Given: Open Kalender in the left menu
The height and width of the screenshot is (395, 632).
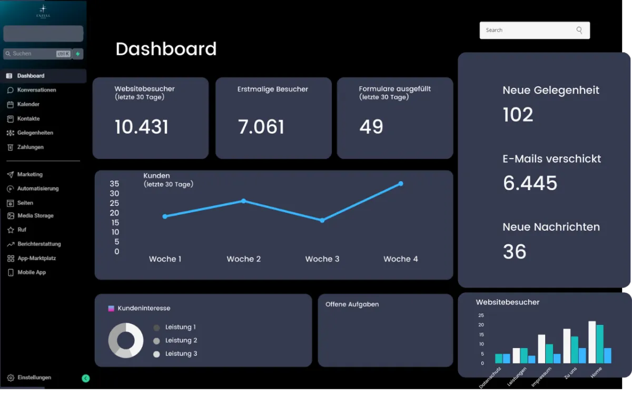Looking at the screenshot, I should (x=28, y=104).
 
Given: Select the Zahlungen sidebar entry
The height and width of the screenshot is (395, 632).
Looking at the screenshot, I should (x=30, y=147).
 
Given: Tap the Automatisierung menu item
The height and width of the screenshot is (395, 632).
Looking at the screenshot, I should (x=37, y=189).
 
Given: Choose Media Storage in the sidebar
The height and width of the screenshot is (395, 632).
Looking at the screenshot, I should (x=35, y=215).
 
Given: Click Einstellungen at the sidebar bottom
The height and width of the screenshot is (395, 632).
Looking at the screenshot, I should (x=34, y=378).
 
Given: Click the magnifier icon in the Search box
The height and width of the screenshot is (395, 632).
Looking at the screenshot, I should (x=579, y=31).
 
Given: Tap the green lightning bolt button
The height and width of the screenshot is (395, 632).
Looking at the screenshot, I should (x=78, y=54).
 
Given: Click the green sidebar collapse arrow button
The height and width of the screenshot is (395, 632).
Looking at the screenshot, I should (x=86, y=378).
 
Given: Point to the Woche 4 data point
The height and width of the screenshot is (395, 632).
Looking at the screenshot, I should (x=401, y=184).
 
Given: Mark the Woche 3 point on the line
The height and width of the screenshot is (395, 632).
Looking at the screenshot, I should (x=322, y=220).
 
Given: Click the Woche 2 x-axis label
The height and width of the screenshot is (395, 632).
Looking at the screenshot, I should (x=244, y=259).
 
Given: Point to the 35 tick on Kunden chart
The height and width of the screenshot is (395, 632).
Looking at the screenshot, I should (x=114, y=184).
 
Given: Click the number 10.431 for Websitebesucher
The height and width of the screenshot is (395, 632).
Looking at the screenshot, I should (x=142, y=127).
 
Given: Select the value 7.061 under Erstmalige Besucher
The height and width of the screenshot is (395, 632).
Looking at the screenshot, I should (x=261, y=127).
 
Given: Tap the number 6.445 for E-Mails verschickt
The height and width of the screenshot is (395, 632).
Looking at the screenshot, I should (x=530, y=183).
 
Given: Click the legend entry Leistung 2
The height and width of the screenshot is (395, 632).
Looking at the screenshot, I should (x=181, y=340).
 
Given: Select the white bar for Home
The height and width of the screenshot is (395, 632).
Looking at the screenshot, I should (x=592, y=342).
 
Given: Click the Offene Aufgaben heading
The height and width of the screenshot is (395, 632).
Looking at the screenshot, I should (x=352, y=304).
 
